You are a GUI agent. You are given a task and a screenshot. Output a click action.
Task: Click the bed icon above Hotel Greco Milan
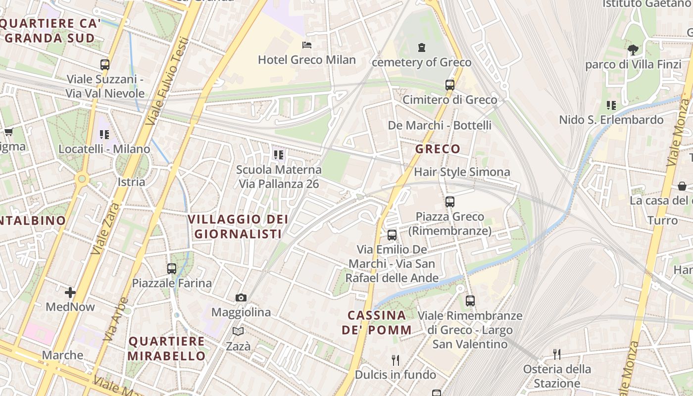click(307, 45)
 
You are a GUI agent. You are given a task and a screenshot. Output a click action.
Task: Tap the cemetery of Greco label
click(421, 62)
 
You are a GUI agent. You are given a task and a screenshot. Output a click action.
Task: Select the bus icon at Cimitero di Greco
click(449, 85)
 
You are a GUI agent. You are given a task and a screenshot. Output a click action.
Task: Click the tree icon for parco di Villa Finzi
click(633, 49)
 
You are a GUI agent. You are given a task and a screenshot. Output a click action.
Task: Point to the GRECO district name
click(438, 149)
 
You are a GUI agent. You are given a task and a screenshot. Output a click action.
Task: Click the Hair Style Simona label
click(461, 172)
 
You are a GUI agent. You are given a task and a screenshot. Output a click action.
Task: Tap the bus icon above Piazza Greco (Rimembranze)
click(449, 201)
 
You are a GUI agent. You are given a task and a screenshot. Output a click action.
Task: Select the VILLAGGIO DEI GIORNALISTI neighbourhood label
click(238, 226)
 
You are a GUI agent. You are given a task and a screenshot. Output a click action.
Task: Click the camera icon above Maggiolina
click(241, 297)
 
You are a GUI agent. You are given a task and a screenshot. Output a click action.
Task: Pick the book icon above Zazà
click(238, 331)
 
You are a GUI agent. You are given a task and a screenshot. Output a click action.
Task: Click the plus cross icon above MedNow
click(70, 293)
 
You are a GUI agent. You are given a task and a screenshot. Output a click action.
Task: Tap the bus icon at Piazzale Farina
click(172, 269)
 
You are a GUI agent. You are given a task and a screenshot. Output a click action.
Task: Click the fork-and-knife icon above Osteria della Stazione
click(557, 354)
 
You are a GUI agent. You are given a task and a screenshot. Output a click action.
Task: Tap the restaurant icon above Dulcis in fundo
click(395, 360)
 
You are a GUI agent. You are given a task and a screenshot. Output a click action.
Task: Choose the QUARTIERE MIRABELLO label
click(166, 348)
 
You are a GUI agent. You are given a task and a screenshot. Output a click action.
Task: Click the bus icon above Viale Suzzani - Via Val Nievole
click(104, 64)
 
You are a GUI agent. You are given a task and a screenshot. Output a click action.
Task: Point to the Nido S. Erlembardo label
click(611, 120)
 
